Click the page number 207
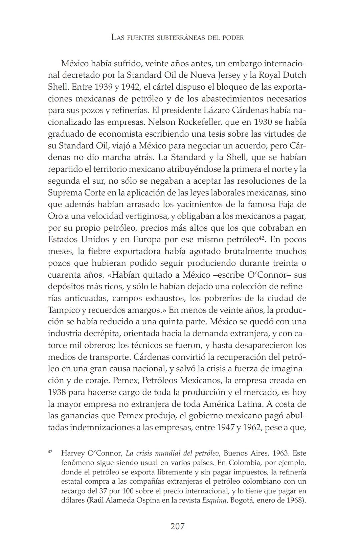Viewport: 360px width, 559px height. tap(177, 526)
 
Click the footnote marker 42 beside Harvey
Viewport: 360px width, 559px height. tap(50, 452)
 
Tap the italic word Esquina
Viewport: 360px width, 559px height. tap(214, 500)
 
